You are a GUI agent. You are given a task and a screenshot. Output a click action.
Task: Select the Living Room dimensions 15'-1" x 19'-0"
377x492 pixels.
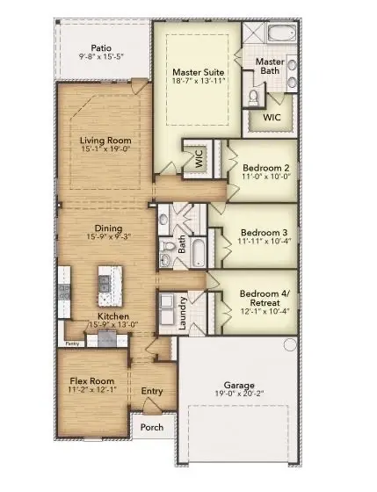coord(105,149)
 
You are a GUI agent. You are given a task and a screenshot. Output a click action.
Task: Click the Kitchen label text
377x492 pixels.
coord(114,316)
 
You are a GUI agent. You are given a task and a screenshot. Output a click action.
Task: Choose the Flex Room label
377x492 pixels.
coord(88,381)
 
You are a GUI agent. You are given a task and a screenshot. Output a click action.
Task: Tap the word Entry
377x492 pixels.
coord(153,391)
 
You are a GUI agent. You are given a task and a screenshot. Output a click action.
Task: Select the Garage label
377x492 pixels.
coord(240,386)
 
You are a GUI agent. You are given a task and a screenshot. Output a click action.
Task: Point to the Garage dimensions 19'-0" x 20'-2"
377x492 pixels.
coord(240,395)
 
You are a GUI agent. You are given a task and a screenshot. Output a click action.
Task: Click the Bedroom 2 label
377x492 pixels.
coord(264,167)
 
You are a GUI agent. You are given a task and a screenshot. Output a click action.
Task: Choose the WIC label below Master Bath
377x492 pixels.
coord(272,115)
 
